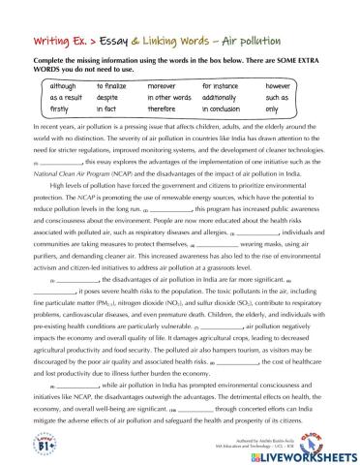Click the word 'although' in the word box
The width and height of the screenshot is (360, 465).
pos(50,85)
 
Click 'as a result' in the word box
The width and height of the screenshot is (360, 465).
pos(53,98)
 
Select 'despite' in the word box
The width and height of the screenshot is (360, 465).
pos(108,98)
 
